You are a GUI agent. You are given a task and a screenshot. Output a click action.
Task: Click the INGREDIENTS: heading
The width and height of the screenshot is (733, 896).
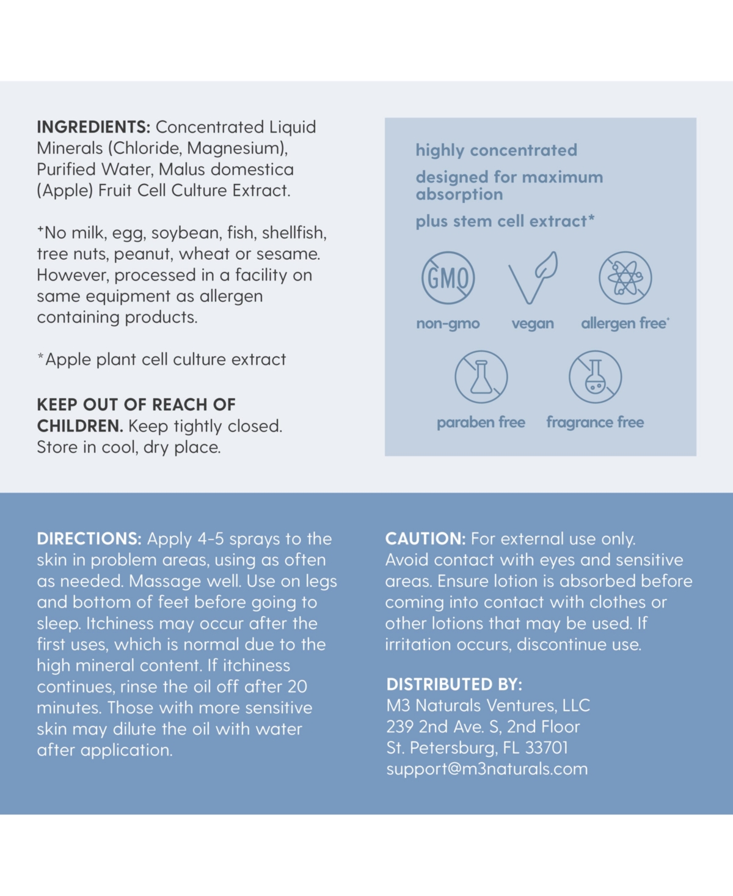(93, 127)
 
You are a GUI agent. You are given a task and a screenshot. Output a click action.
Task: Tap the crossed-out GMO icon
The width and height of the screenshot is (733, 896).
(448, 278)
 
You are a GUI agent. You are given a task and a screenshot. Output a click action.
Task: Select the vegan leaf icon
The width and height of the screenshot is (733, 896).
(533, 278)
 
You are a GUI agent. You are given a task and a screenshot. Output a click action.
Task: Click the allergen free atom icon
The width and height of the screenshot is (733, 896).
(625, 278)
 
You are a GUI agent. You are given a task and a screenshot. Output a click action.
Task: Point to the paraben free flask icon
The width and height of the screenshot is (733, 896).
(481, 377)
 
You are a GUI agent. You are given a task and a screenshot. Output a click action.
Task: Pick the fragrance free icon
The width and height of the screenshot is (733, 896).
(595, 377)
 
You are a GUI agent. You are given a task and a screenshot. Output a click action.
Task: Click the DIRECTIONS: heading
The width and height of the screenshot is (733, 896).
(89, 539)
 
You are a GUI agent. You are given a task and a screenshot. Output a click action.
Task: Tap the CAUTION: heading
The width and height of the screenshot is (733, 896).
(425, 539)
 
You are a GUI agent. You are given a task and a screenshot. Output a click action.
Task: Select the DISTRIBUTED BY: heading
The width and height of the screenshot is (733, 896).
(454, 685)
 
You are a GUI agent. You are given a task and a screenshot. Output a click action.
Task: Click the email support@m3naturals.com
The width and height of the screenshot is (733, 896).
(487, 769)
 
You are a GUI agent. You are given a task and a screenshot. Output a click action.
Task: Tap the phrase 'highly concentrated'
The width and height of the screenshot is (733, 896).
(496, 150)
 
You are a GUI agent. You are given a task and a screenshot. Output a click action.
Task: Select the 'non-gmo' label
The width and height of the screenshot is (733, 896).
(448, 323)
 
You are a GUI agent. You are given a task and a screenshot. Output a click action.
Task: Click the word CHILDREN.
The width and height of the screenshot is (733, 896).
(79, 426)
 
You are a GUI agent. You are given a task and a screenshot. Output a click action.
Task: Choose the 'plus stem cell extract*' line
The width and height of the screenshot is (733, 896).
(505, 221)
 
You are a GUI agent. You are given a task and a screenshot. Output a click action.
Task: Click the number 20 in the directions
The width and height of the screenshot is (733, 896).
(297, 687)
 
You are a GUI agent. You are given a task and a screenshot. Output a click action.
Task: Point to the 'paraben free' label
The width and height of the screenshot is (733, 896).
(481, 422)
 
